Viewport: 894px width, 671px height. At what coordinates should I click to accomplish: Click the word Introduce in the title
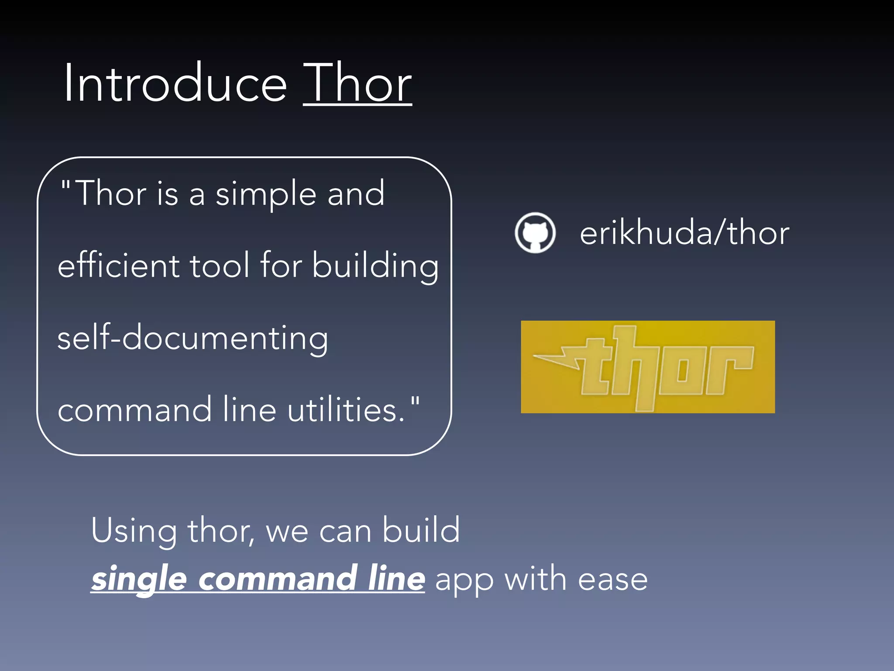175,83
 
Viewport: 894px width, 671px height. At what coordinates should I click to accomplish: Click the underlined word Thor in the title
357,83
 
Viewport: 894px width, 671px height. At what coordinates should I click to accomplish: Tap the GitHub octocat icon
535,232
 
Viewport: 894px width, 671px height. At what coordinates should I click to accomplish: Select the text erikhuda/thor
684,233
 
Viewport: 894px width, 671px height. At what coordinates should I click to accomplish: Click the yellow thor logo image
647,367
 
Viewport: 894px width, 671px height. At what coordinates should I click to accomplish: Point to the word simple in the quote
265,194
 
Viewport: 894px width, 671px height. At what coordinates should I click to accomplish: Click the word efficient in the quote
118,266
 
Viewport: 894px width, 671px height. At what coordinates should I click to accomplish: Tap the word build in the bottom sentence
421,530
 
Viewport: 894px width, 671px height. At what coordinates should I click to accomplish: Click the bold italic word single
139,579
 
